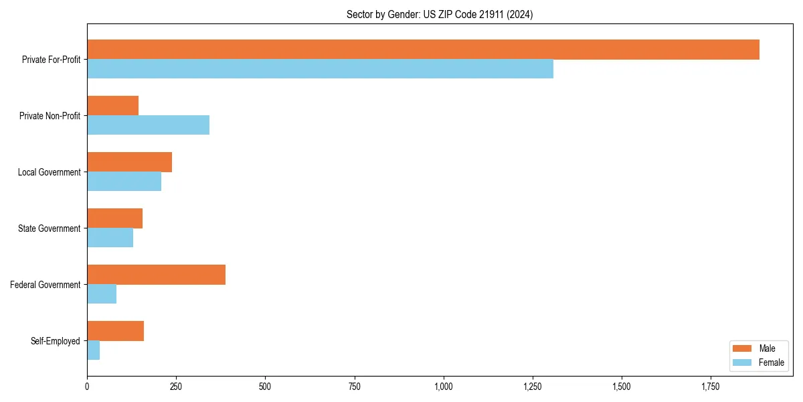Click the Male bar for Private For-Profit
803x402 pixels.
[423, 50]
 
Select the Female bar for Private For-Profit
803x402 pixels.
[320, 69]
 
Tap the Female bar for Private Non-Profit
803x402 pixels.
[148, 125]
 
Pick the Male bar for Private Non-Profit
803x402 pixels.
[112, 106]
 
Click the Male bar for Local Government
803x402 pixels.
[129, 162]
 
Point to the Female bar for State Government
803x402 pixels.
[110, 238]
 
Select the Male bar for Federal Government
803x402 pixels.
[156, 275]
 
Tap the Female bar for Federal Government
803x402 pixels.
[102, 294]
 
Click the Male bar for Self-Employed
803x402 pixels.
[115, 331]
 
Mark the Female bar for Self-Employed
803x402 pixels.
[93, 350]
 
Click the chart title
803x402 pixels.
[440, 14]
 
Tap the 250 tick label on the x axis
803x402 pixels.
[176, 387]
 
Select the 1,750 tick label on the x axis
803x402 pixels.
[711, 387]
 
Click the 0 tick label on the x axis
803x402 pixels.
[87, 387]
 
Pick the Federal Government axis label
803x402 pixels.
[46, 285]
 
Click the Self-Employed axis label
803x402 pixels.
[56, 341]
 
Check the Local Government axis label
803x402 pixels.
[49, 172]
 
